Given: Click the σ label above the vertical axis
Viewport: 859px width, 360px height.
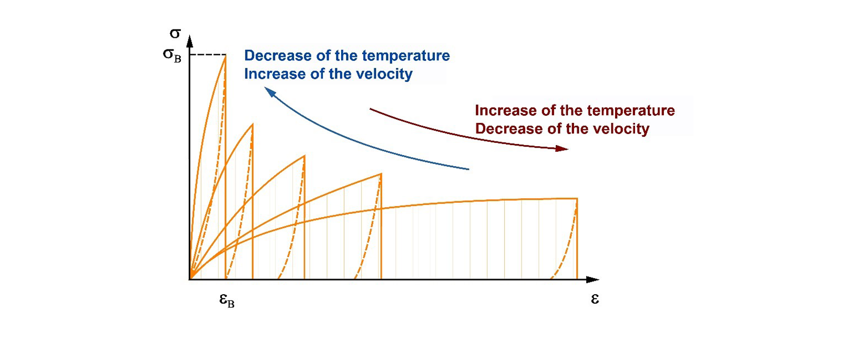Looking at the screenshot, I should tap(175, 34).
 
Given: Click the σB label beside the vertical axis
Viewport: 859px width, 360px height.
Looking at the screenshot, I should tap(172, 55).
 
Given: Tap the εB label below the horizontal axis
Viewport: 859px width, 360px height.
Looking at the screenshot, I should tap(227, 300).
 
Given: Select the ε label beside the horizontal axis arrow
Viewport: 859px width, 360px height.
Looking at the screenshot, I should tap(595, 299).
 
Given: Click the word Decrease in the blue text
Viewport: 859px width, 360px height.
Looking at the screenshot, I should tap(270, 56).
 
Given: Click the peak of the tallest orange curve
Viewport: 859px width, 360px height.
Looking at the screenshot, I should tap(225, 56).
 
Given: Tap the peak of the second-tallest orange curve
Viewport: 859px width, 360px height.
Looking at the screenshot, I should tap(252, 125).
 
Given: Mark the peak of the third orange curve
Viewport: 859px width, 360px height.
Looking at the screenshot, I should tap(304, 156).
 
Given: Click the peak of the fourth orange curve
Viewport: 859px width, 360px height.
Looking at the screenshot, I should tap(381, 174).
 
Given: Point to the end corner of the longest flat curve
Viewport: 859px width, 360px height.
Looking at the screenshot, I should tap(577, 199).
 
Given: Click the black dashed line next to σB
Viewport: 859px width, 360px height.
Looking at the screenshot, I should tap(208, 55).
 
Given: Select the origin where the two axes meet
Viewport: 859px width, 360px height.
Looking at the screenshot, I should tap(190, 279).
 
